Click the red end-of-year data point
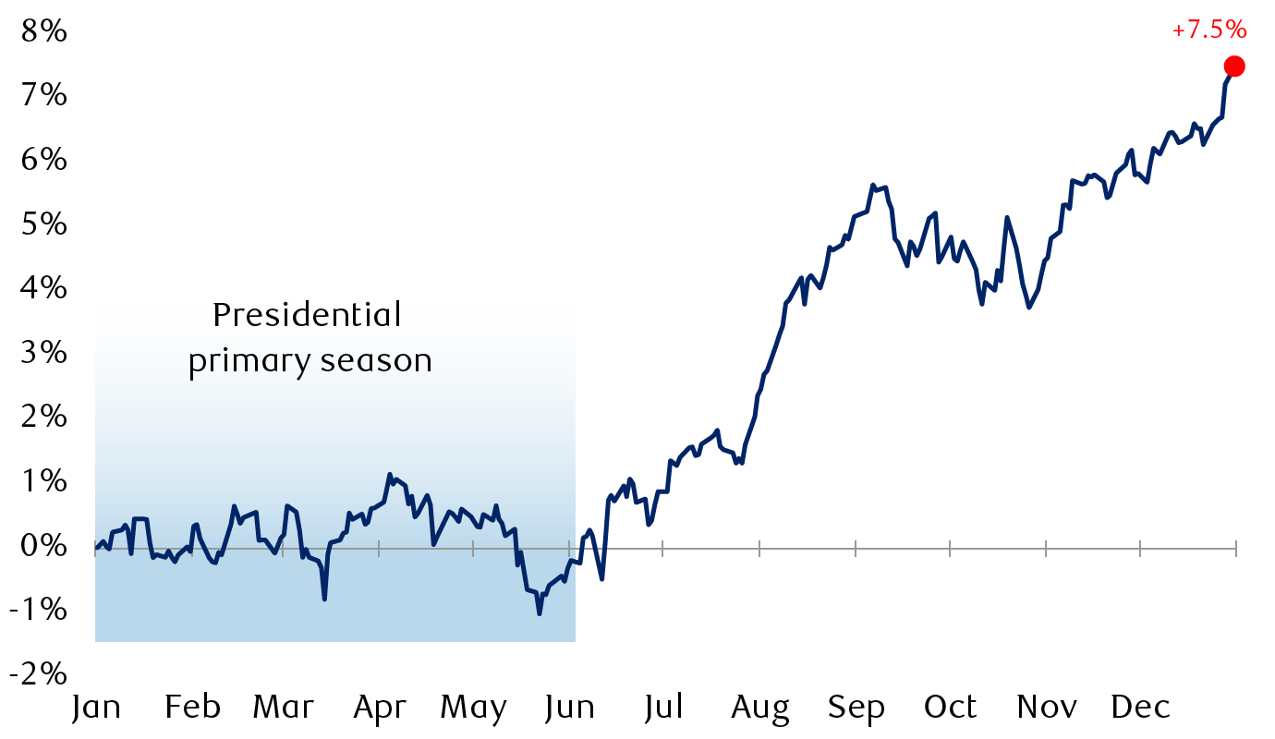(x=1234, y=66)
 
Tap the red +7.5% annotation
(x=1209, y=30)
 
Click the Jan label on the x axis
(x=96, y=708)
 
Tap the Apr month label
(x=380, y=708)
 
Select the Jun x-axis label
(x=569, y=708)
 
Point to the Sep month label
(x=856, y=708)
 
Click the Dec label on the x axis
(x=1140, y=708)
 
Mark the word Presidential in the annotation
(x=308, y=316)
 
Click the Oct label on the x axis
(x=951, y=708)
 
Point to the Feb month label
(x=192, y=708)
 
